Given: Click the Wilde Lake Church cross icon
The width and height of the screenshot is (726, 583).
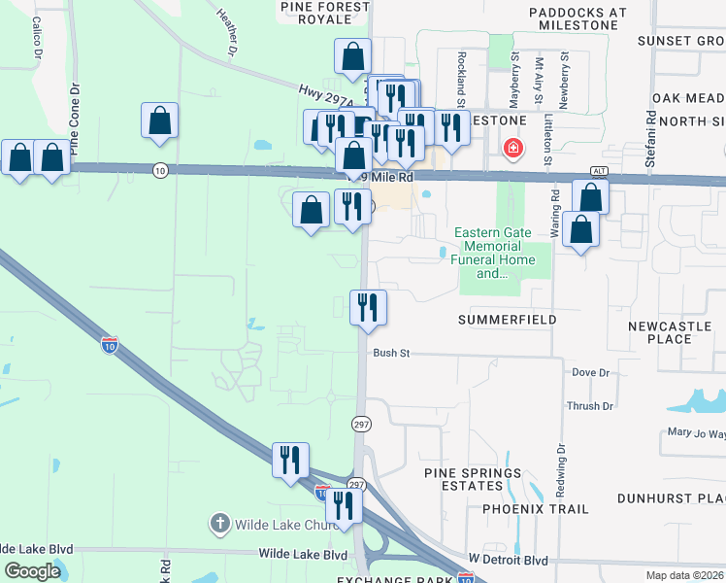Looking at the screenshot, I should (220, 525).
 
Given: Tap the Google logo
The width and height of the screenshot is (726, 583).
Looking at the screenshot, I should (32, 571).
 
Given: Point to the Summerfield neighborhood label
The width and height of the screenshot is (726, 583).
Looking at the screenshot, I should (507, 320).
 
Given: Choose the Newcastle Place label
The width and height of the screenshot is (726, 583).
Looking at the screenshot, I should (674, 332).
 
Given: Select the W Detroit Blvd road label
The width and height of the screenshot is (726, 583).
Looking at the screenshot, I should (508, 561).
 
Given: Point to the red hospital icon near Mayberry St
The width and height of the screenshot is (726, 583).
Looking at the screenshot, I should (511, 149).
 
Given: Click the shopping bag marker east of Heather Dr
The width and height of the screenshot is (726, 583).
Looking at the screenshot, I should (160, 120).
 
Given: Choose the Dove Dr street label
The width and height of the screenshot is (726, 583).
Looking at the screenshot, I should (590, 372).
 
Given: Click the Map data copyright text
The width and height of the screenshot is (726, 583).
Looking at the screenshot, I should (685, 575).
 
